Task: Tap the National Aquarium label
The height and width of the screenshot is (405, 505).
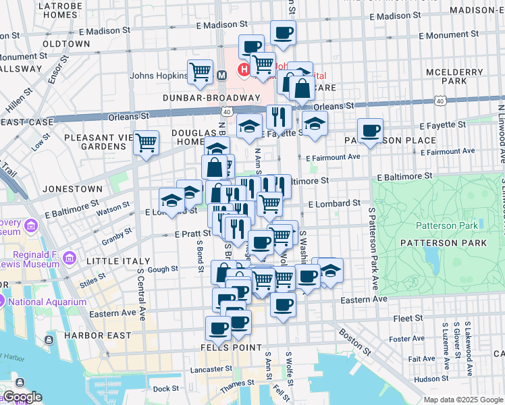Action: [48, 302]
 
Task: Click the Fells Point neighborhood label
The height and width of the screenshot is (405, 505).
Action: [231, 347]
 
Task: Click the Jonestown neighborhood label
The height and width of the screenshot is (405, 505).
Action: [72, 189]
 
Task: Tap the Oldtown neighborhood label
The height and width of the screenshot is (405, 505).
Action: [67, 43]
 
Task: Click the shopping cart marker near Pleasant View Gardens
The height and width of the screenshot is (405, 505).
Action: [146, 142]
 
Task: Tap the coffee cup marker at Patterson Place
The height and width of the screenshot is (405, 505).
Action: [369, 130]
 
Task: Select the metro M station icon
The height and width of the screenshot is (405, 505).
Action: [221, 76]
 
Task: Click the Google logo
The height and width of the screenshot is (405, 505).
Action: [22, 397]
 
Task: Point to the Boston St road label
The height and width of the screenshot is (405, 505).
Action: [355, 342]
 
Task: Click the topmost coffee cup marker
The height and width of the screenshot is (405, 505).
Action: [283, 32]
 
